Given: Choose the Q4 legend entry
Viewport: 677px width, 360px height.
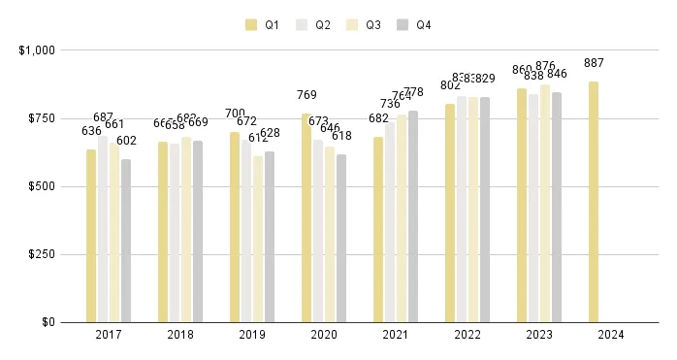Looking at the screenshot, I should [413, 25].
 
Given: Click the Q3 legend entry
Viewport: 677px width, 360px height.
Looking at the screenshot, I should [365, 25].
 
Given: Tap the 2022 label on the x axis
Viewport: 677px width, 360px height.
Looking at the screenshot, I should [467, 335].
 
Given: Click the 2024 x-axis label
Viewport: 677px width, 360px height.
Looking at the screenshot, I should [611, 335].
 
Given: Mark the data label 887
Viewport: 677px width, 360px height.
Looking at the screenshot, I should [594, 64].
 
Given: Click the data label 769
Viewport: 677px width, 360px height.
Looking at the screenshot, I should [306, 95].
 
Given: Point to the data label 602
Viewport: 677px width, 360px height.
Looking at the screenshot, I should [127, 141].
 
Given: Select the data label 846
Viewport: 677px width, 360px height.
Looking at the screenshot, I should [557, 75].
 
